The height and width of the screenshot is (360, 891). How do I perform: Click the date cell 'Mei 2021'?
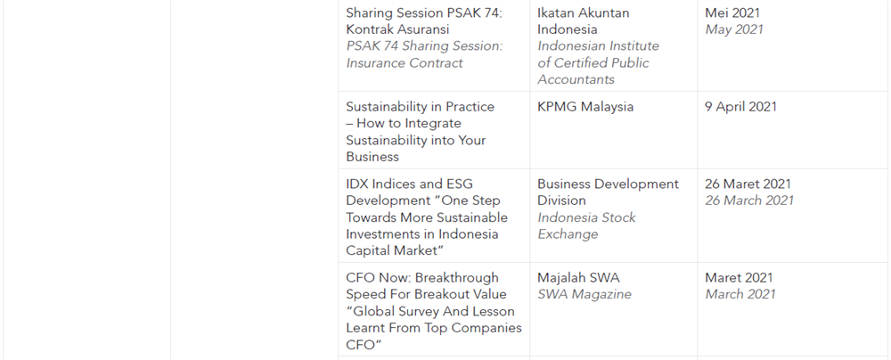tap(732, 12)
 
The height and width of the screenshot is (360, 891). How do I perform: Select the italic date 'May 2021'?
tap(733, 29)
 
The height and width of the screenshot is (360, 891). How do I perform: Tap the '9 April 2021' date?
tap(740, 107)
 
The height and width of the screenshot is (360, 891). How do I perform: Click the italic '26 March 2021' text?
tap(749, 200)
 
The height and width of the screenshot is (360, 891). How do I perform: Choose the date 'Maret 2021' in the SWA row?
tap(739, 278)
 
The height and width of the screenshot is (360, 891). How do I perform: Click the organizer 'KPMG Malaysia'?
tap(585, 107)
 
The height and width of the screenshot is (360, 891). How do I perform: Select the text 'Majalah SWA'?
tap(578, 278)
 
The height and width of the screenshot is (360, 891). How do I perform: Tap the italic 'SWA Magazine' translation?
tap(584, 295)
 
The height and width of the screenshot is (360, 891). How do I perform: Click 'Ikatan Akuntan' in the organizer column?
tap(583, 12)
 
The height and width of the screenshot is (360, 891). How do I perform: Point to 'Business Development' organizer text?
tap(608, 184)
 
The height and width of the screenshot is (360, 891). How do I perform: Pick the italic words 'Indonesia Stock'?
tap(586, 217)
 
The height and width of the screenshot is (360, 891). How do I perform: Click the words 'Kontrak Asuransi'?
tap(397, 29)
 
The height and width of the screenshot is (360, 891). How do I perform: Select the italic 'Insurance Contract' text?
tap(405, 63)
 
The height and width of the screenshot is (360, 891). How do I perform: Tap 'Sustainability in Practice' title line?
tap(420, 107)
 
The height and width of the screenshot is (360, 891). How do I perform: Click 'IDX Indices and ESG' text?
tap(409, 184)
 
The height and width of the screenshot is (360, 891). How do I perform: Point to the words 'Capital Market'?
tap(388, 250)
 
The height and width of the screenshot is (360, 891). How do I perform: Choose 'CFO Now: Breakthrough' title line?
tap(422, 278)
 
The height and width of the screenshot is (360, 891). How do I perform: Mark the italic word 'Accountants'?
tap(576, 79)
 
